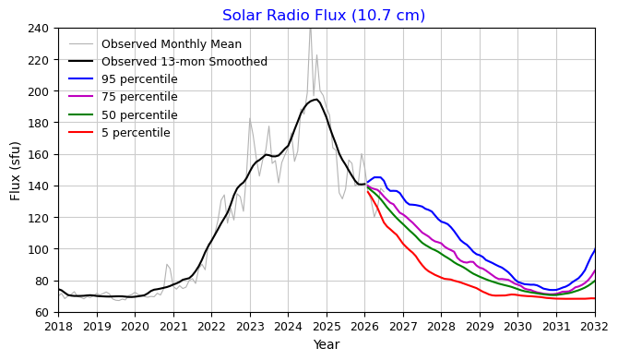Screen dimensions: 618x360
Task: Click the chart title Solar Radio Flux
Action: click(x=324, y=16)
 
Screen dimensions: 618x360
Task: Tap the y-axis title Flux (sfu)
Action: click(x=15, y=171)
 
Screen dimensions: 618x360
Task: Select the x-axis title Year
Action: click(x=327, y=344)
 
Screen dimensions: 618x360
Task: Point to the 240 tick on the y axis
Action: click(x=38, y=29)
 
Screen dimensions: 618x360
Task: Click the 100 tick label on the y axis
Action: click(x=38, y=249)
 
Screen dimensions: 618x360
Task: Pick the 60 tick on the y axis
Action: click(x=42, y=312)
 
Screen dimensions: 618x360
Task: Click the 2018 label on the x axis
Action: click(x=58, y=327)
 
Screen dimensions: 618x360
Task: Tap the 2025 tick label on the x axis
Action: click(x=327, y=327)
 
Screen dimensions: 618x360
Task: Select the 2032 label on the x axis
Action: click(x=595, y=327)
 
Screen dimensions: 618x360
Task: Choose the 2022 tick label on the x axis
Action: click(x=211, y=327)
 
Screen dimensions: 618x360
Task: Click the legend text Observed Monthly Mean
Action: click(x=172, y=43)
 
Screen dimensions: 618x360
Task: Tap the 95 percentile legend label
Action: click(x=139, y=79)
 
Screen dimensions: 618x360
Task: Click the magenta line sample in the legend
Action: click(x=81, y=97)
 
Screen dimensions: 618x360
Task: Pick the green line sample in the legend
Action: click(x=81, y=114)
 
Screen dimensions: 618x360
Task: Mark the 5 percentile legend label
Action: click(x=136, y=133)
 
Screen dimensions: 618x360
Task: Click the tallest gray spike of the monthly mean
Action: click(x=310, y=29)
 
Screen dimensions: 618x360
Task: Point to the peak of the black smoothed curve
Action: click(x=315, y=100)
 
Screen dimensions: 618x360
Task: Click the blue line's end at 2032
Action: click(x=595, y=249)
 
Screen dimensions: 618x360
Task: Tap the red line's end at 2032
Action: click(x=595, y=298)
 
